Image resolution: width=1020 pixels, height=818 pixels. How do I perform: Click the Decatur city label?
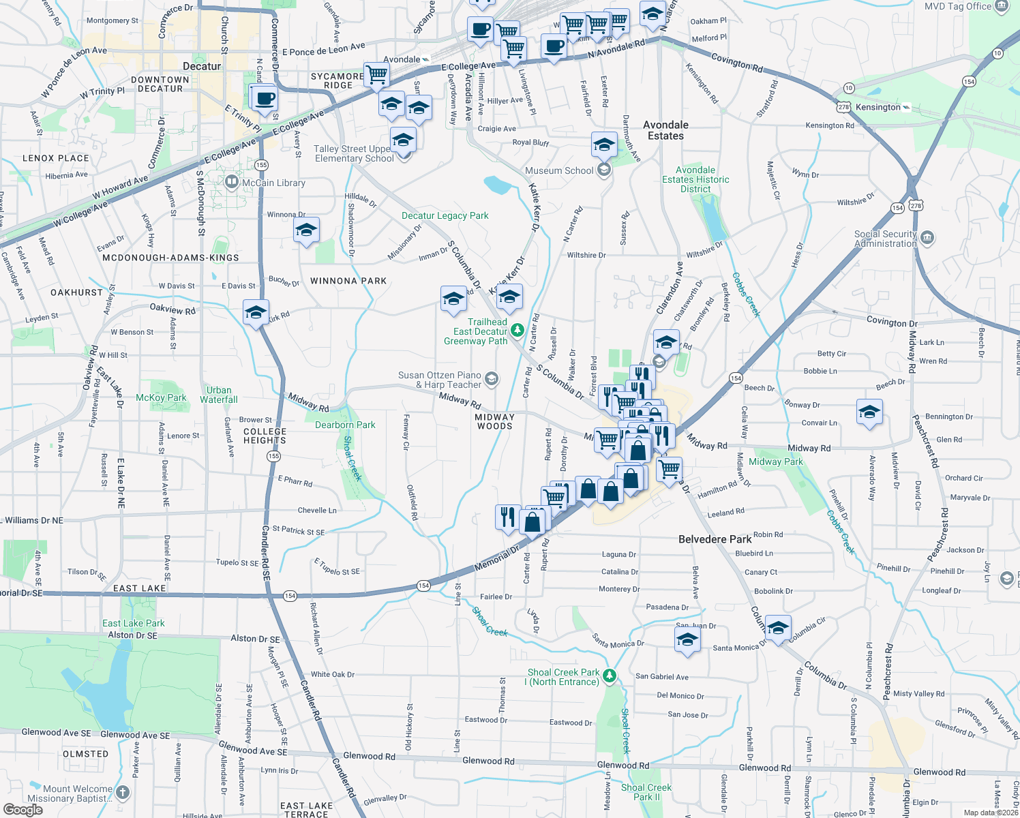[x=202, y=66]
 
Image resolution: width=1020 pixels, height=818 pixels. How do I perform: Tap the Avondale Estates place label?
[x=665, y=130]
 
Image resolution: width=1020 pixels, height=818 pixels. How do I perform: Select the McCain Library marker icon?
[x=232, y=182]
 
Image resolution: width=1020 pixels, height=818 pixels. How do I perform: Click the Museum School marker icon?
[x=603, y=170]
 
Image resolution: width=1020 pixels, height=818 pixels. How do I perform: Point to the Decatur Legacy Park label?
[x=445, y=215]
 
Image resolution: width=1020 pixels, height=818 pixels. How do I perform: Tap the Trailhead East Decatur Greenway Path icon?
[x=517, y=331]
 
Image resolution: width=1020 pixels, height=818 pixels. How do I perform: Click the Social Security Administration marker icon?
[x=927, y=238]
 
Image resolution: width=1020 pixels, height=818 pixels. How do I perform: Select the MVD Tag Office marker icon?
[x=1002, y=7]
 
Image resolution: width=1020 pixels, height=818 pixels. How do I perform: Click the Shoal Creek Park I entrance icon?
[x=610, y=676]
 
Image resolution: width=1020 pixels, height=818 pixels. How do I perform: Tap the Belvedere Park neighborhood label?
[x=715, y=539]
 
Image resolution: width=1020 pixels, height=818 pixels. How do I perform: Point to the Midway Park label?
[x=775, y=461]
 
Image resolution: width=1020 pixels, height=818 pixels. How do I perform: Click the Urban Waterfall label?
[x=219, y=395]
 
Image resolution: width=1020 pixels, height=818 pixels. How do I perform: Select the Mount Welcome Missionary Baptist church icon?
[x=123, y=792]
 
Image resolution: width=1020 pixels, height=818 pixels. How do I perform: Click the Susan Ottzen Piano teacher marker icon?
[x=492, y=379]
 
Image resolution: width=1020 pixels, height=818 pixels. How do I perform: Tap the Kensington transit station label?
[x=878, y=107]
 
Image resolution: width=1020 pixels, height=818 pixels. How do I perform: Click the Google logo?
[x=23, y=809]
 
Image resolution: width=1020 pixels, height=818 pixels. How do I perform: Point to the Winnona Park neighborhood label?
[x=348, y=281]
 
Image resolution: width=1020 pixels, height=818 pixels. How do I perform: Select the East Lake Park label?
[x=134, y=623]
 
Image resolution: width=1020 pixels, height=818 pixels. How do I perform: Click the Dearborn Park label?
[x=345, y=425]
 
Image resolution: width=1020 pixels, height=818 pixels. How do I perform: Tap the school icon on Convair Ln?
[x=869, y=412]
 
